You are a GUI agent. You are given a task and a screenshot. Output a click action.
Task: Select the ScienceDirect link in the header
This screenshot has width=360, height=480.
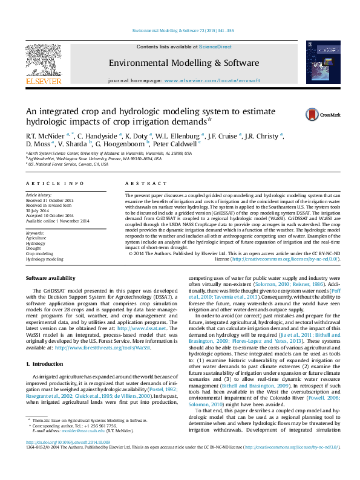pyautogui.click(x=215, y=47)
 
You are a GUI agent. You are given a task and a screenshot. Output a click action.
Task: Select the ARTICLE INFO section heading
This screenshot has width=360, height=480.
pyautogui.click(x=54, y=183)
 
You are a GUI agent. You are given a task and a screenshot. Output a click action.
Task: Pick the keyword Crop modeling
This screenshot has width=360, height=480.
pyautogui.click(x=39, y=253)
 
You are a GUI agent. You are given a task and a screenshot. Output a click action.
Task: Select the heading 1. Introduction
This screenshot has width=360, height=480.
pyautogui.click(x=42, y=364)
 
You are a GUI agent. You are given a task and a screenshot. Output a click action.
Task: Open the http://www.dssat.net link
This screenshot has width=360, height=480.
pyautogui.click(x=142, y=312)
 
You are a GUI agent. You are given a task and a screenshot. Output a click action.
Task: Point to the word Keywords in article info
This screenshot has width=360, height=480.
pyautogui.click(x=34, y=233)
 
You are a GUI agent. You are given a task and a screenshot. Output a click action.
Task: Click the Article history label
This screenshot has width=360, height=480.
pyautogui.click(x=38, y=195)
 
